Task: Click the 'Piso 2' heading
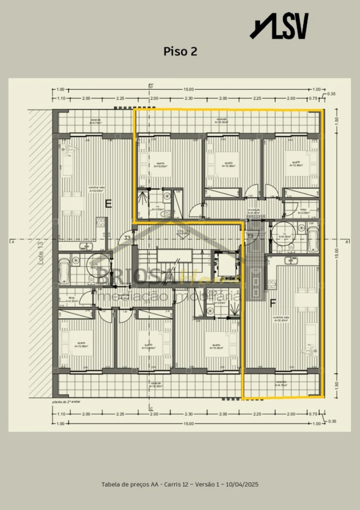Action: (180, 51)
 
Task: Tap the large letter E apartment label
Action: (108, 204)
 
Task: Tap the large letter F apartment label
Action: (273, 303)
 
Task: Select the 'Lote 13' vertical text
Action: (41, 253)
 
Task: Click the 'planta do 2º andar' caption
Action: (66, 402)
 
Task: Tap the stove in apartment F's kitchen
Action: (272, 284)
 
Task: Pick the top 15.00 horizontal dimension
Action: (188, 89)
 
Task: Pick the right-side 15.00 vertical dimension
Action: (337, 253)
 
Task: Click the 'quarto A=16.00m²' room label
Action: (161, 165)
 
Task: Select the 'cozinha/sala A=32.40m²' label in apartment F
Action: (281, 319)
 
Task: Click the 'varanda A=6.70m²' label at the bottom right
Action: (281, 383)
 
